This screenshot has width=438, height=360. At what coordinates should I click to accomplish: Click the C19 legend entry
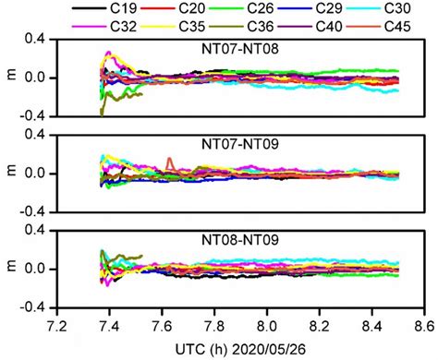coord(125,10)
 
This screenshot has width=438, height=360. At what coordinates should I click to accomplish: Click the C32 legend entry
coord(125,27)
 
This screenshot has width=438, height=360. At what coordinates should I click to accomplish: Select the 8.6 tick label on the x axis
coord(424,326)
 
